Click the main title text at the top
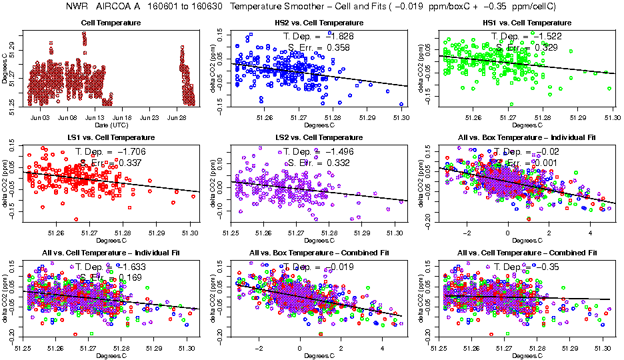(311, 7)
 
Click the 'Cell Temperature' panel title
(111, 23)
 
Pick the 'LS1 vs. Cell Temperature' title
(111, 138)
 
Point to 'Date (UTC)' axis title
(111, 125)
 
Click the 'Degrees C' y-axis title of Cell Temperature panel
(5, 67)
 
